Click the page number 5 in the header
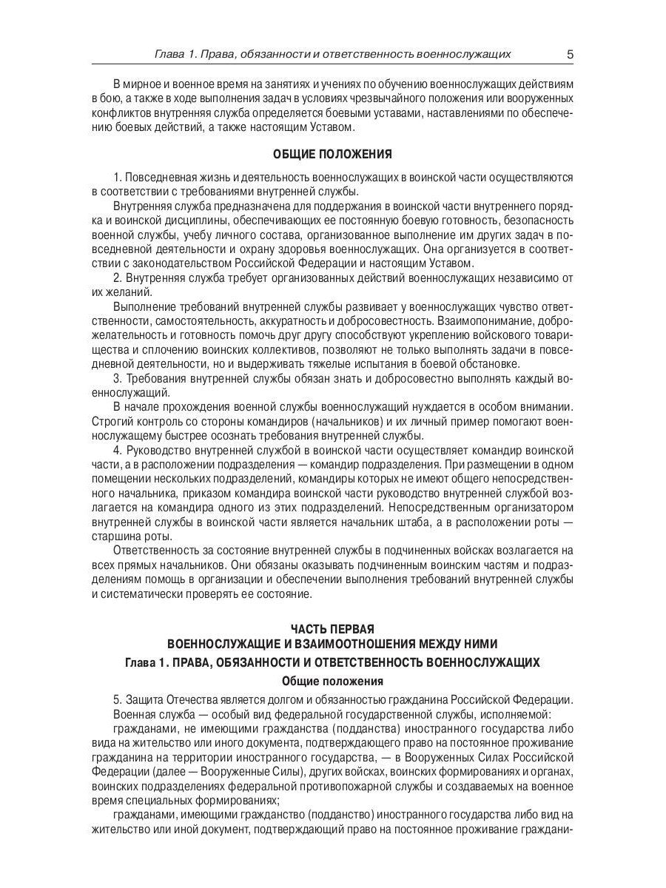pyautogui.click(x=570, y=54)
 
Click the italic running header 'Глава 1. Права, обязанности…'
pyautogui.click(x=332, y=54)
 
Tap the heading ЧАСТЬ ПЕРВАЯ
pyautogui.click(x=332, y=630)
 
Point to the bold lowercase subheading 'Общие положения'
pyautogui.click(x=332, y=681)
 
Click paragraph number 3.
pyautogui.click(x=117, y=377)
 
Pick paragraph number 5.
pyautogui.click(x=117, y=699)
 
